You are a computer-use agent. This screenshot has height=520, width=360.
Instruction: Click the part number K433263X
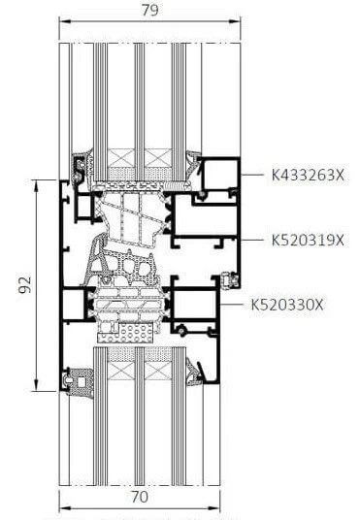[309, 175]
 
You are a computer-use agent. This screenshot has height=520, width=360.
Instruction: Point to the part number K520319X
[307, 240]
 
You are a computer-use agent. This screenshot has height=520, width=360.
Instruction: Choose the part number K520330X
[287, 305]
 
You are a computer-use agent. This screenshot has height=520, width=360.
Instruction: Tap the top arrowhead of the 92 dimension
[37, 181]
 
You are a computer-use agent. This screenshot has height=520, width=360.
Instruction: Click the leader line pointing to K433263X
[254, 175]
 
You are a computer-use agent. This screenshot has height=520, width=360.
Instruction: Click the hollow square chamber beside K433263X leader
[220, 178]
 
